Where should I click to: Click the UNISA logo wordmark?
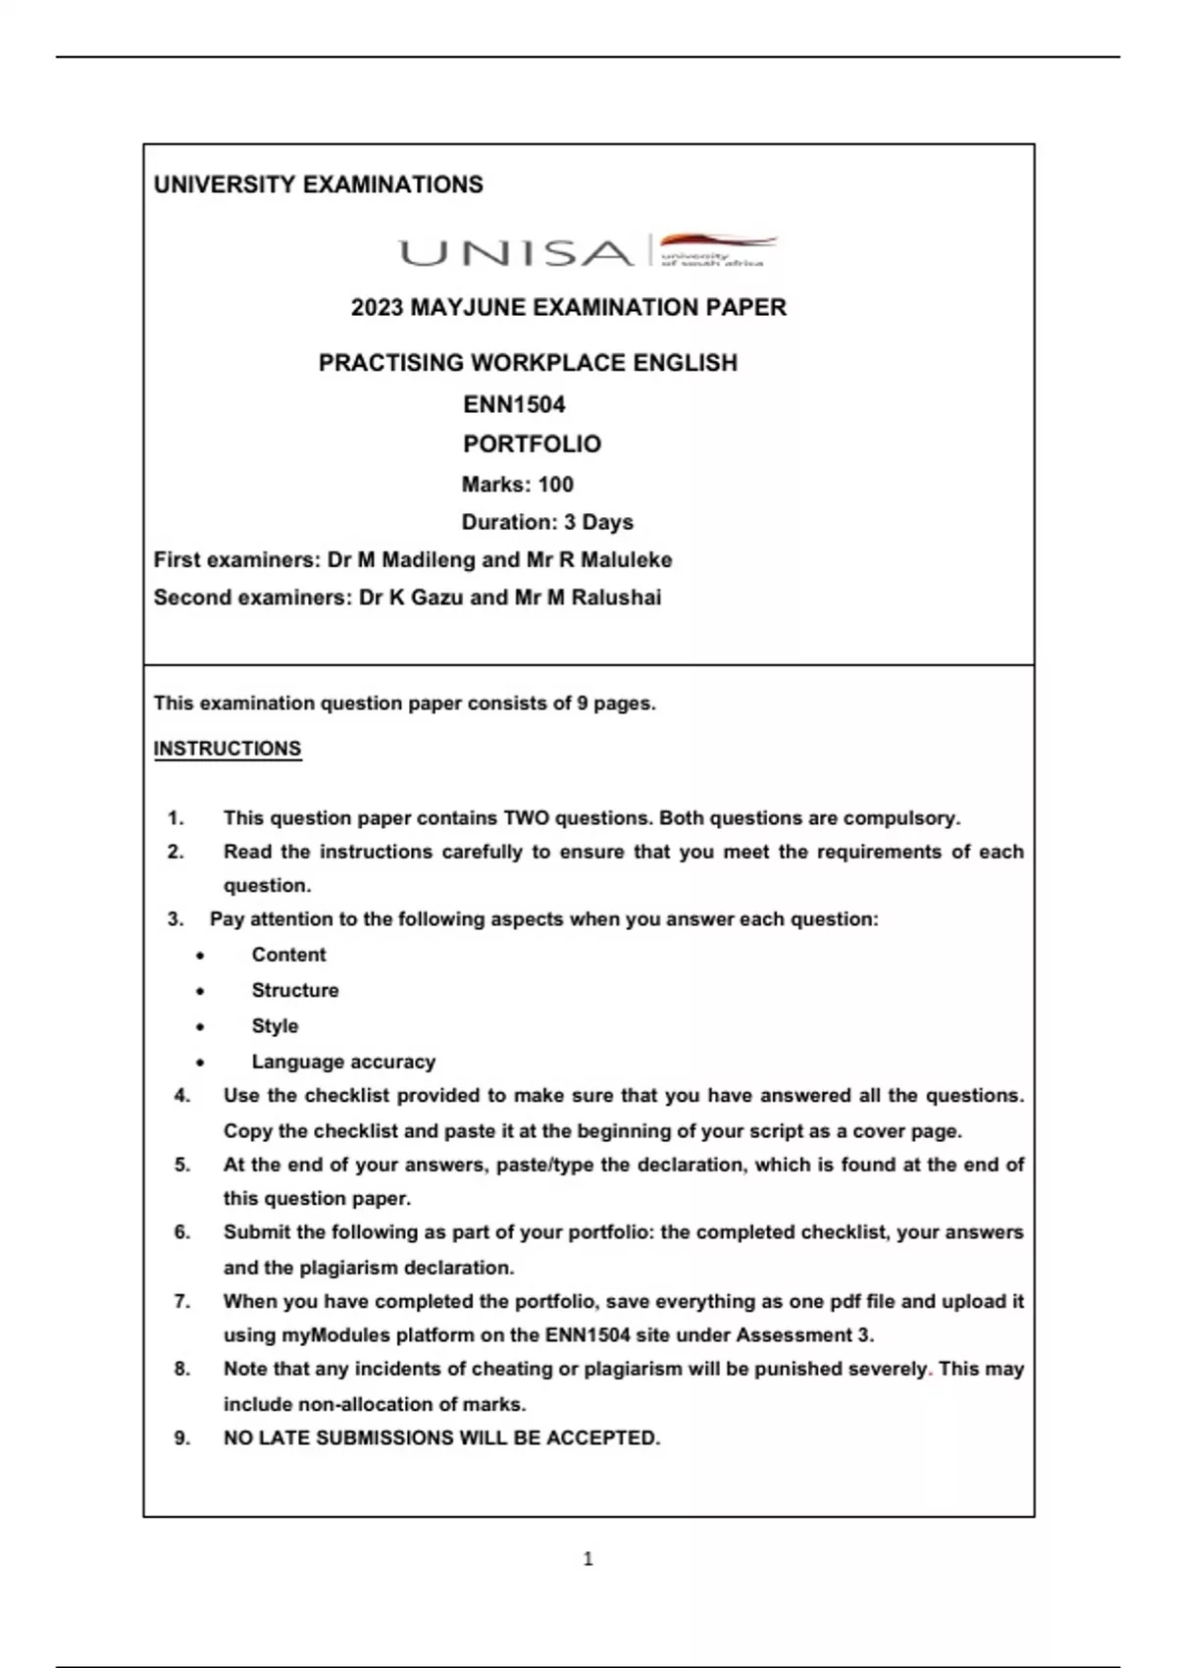[516, 253]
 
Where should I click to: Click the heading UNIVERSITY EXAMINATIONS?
[318, 184]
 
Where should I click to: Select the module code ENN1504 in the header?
[514, 404]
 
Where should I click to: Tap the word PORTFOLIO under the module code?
[532, 444]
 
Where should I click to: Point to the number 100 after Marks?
[555, 484]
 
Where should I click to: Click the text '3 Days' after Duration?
[598, 522]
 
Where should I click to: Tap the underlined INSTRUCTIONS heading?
[227, 749]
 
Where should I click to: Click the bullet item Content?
[288, 955]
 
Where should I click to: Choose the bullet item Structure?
[295, 990]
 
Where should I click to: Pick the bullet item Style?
[275, 1026]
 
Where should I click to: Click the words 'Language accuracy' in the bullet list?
[343, 1062]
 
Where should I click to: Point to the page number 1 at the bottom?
[588, 1558]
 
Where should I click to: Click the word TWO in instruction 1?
[527, 818]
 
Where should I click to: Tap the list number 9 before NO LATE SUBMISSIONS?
[181, 1437]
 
